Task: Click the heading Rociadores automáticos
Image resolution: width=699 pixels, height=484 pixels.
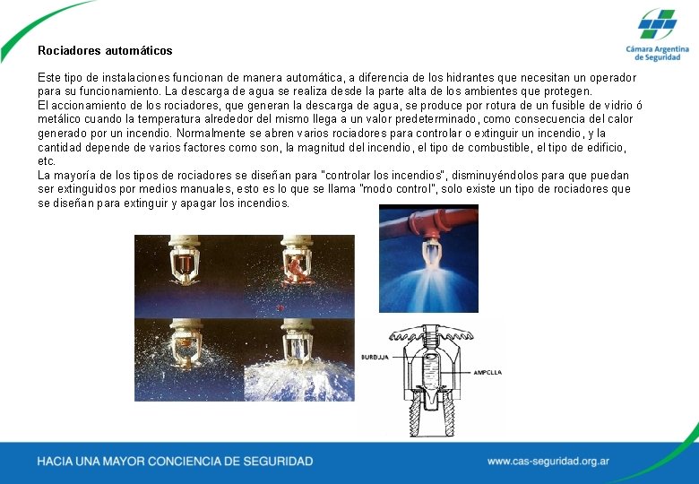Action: pyautogui.click(x=105, y=50)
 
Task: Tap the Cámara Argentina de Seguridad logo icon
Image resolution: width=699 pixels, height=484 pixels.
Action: pyautogui.click(x=657, y=23)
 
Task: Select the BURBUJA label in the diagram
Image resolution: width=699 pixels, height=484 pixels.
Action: pyautogui.click(x=375, y=357)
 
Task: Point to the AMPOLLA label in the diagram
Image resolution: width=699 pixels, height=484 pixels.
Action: pyautogui.click(x=488, y=372)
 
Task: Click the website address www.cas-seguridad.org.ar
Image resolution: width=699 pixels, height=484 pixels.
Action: pyautogui.click(x=548, y=462)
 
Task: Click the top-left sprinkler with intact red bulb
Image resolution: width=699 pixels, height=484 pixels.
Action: pyautogui.click(x=185, y=260)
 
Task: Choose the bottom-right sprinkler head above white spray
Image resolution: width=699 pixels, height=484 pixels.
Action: pyautogui.click(x=297, y=340)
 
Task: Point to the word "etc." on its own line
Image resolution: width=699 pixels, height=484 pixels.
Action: pyautogui.click(x=47, y=161)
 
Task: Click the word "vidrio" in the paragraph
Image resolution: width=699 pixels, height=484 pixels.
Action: pyautogui.click(x=618, y=106)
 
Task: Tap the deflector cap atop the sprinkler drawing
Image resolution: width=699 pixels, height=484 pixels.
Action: pyautogui.click(x=431, y=333)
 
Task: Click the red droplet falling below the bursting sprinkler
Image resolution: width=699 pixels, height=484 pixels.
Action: pyautogui.click(x=280, y=307)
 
